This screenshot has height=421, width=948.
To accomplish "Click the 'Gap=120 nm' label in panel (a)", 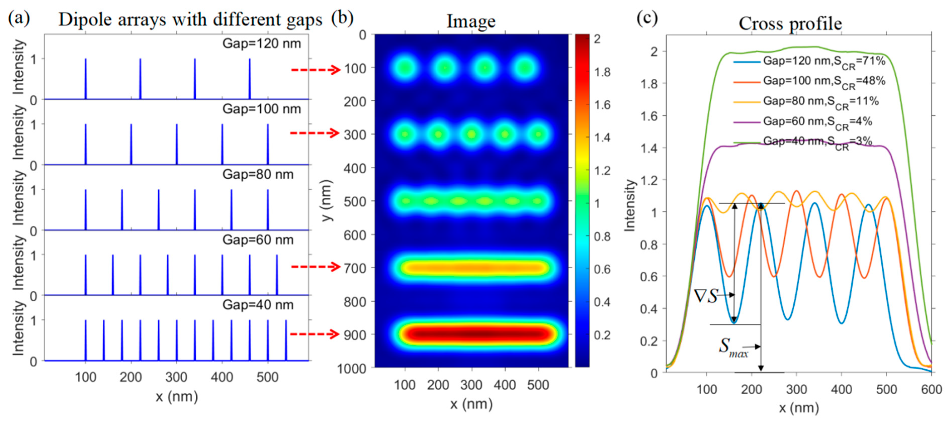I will point(262,44).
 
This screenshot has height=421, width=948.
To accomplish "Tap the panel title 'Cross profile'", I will point(790,24).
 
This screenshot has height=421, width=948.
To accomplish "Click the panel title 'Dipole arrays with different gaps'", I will point(190,20).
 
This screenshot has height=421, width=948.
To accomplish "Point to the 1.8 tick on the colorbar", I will point(602,72).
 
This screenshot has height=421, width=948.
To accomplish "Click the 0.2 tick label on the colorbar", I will point(602,335).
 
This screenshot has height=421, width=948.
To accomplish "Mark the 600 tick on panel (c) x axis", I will point(931,389).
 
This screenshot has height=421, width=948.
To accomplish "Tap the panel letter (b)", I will point(342,18).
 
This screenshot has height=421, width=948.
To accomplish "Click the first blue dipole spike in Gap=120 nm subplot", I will point(86,79).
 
